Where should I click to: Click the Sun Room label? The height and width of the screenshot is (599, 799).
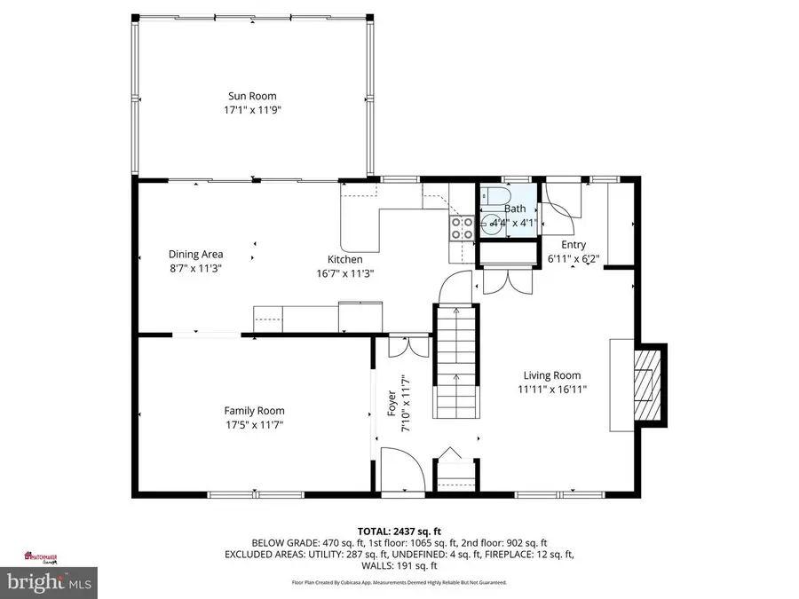(x=251, y=96)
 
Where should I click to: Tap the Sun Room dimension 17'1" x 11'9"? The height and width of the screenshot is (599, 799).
(x=251, y=110)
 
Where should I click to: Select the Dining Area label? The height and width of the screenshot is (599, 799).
(x=195, y=254)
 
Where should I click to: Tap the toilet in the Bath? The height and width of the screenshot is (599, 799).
(x=495, y=196)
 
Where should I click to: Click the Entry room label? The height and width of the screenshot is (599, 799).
(x=573, y=245)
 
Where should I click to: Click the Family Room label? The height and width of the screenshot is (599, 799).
(x=254, y=410)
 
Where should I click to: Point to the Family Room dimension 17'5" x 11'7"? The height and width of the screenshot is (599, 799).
(x=254, y=424)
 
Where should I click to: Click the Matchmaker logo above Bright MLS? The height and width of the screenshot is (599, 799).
(x=44, y=558)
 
